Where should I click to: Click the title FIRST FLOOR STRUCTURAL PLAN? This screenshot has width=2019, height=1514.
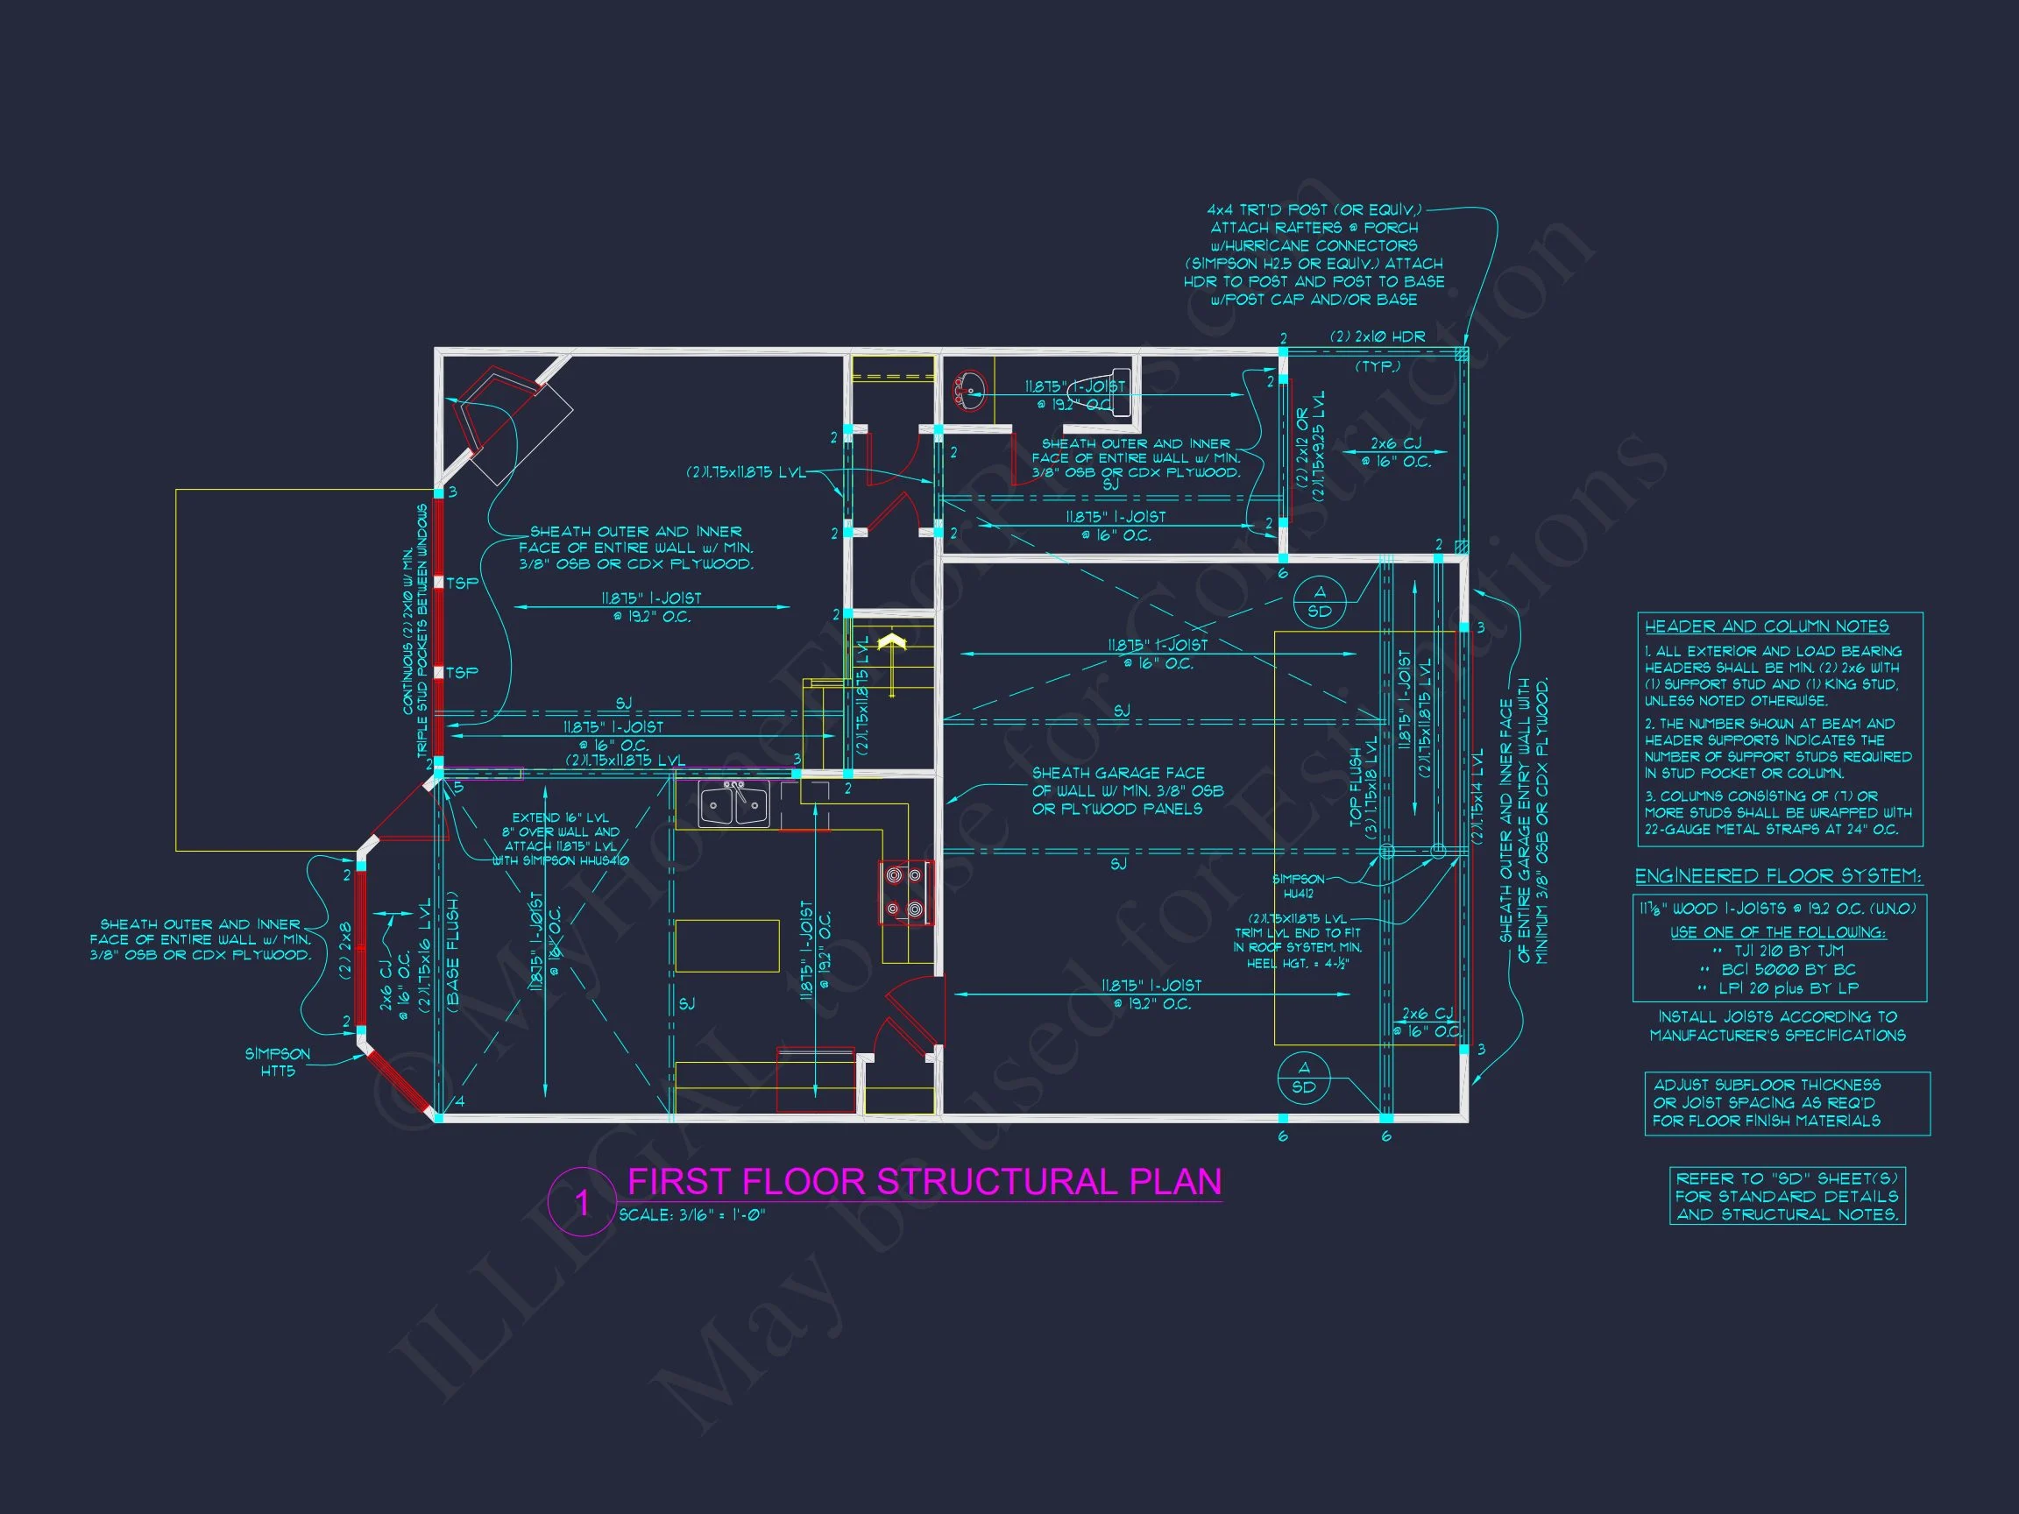click(924, 1182)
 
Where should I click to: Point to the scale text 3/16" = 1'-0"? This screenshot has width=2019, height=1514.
click(692, 1215)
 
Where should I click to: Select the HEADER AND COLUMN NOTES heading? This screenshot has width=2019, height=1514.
click(1766, 627)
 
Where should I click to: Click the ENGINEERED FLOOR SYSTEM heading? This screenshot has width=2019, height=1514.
click(1778, 877)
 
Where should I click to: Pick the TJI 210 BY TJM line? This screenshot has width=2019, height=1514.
click(1778, 951)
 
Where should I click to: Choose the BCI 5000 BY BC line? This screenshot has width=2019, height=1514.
click(1778, 969)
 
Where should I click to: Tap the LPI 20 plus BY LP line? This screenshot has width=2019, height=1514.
click(1778, 988)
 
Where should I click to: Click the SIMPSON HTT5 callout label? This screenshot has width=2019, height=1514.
click(278, 1062)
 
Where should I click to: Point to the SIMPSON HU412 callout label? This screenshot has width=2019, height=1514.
click(1298, 886)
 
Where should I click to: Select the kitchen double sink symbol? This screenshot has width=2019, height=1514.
click(733, 804)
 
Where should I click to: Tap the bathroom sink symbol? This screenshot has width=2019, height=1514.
click(967, 390)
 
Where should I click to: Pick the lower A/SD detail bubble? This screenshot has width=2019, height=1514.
click(1303, 1078)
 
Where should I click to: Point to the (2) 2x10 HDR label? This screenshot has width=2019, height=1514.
click(1377, 336)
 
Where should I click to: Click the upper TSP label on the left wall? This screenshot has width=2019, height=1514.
click(462, 584)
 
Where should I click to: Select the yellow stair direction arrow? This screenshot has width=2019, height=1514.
click(891, 645)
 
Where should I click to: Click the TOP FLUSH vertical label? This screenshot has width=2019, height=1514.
click(1357, 789)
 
